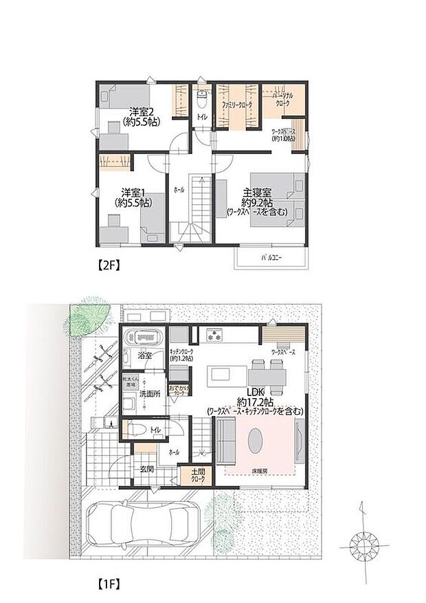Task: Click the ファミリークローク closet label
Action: (x=236, y=105)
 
